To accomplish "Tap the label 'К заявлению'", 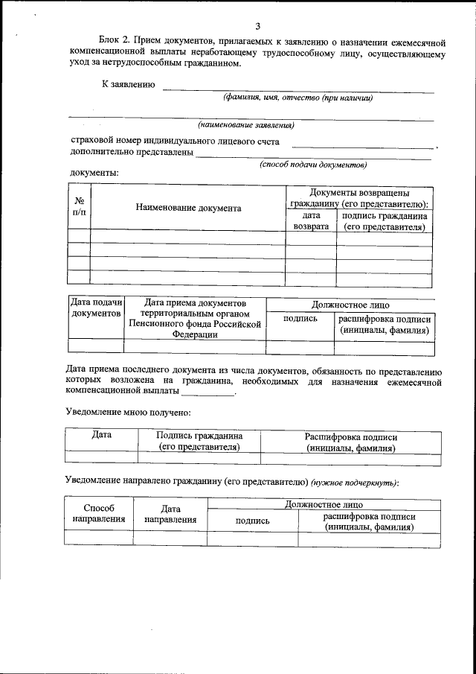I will click(128, 85).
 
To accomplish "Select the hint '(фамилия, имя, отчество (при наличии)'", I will click(297, 98).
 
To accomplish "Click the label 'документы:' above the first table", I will click(94, 173).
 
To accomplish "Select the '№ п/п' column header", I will click(78, 206).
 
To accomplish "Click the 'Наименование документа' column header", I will click(188, 209).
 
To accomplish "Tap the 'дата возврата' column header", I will click(311, 221).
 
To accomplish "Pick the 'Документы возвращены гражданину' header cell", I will click(358, 198).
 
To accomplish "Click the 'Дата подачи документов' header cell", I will click(95, 308).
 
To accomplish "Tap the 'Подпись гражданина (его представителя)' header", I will click(199, 442).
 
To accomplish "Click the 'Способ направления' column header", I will click(98, 514).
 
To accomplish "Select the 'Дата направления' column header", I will click(170, 514).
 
